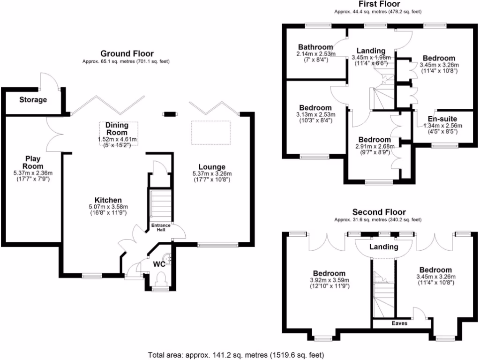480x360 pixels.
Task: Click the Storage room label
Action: pyautogui.click(x=33, y=100)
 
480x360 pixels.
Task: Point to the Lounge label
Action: pyautogui.click(x=212, y=167)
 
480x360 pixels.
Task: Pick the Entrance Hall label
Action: pyautogui.click(x=161, y=227)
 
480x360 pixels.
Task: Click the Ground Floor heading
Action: pyautogui.click(x=127, y=54)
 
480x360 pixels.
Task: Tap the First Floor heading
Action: pyautogui.click(x=379, y=4)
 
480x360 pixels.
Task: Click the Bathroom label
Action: pyautogui.click(x=316, y=47)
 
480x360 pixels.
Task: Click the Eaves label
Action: pyautogui.click(x=399, y=323)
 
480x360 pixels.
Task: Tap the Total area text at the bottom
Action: pyautogui.click(x=236, y=355)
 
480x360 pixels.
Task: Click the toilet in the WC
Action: pyautogui.click(x=159, y=280)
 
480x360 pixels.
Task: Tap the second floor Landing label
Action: pyautogui.click(x=383, y=247)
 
